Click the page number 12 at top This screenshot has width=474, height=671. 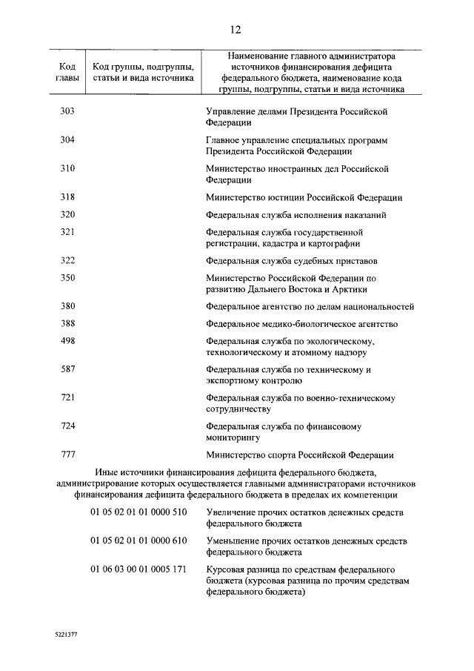236,30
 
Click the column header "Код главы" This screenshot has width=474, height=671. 67,70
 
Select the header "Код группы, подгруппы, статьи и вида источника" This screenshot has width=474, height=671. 143,70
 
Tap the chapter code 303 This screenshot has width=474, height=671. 67,111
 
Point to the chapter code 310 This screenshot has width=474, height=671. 67,168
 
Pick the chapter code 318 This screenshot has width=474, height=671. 67,197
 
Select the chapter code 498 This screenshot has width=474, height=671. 67,340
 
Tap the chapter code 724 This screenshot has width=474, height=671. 67,426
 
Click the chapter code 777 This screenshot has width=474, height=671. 67,455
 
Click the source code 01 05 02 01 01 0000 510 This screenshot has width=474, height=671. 138,512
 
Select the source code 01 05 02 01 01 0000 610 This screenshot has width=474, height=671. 138,541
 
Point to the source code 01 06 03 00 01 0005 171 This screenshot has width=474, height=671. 138,569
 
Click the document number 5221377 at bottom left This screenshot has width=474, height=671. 69,636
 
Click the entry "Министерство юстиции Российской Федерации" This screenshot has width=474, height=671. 304,197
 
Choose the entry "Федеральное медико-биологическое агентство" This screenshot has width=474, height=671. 302,324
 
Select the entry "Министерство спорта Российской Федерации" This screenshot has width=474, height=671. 299,455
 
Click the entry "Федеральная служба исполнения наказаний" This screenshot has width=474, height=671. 296,215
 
